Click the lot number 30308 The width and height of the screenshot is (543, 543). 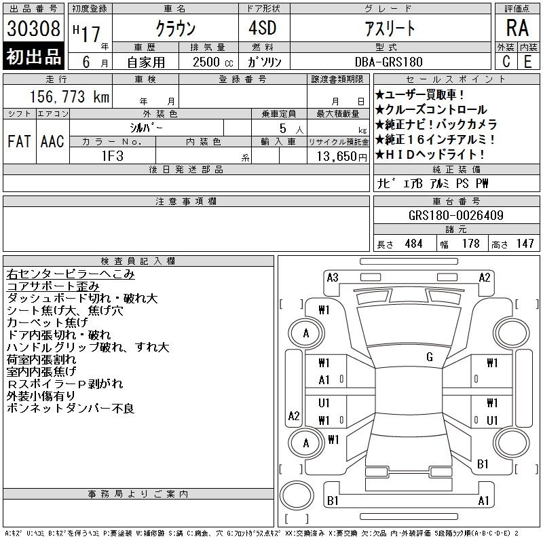pos(33,29)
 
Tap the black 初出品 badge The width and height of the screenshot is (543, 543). pos(33,56)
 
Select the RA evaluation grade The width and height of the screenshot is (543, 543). pos(517,28)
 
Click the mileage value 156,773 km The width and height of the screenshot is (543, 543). pos(70,96)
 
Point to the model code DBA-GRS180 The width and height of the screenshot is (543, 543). pos(389,62)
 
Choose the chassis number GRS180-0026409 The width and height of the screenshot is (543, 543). pos(456,215)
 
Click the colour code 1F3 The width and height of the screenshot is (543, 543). pos(113,156)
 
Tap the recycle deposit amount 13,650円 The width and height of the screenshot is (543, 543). pos(342,157)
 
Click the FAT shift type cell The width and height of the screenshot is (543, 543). pos(20,141)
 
